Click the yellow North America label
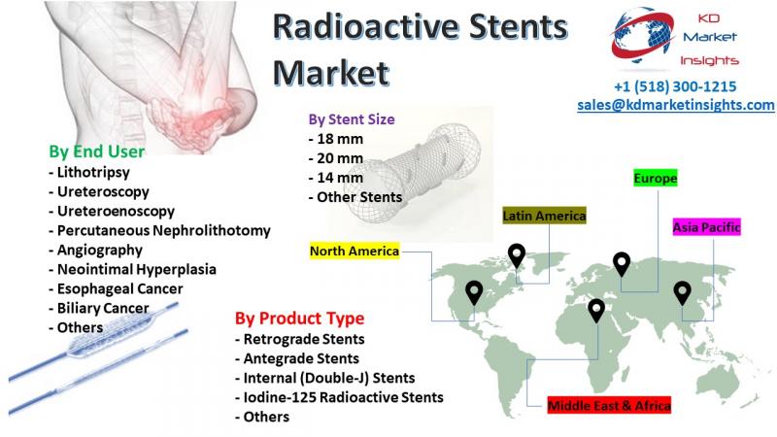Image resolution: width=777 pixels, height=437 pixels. click(x=355, y=252)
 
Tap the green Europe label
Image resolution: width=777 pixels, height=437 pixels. click(x=655, y=179)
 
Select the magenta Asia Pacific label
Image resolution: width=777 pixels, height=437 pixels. click(x=706, y=227)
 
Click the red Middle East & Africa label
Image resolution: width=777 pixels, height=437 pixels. click(x=609, y=405)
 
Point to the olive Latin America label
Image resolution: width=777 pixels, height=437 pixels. click(x=544, y=216)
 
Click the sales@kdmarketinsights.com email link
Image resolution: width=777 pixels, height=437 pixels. click(x=676, y=105)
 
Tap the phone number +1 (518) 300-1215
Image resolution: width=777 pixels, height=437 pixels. click(x=675, y=86)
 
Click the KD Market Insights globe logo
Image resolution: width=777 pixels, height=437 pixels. click(x=643, y=37)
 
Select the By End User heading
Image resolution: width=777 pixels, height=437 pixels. click(x=96, y=151)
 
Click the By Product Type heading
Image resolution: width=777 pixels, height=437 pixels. click(x=299, y=319)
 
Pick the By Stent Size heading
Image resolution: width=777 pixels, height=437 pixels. click(x=352, y=119)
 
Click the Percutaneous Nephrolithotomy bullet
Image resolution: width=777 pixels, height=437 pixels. click(x=159, y=230)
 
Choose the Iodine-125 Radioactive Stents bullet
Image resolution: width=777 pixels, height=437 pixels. click(x=339, y=397)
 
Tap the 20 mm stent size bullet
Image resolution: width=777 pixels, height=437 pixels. click(x=335, y=158)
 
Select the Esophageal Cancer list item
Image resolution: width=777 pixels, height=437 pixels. click(x=116, y=288)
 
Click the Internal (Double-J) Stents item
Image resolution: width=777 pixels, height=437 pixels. click(x=324, y=378)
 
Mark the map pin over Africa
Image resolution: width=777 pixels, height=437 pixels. click(x=596, y=311)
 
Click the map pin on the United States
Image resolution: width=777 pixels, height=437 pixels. click(x=474, y=293)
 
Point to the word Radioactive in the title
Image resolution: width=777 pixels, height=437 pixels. click(x=366, y=27)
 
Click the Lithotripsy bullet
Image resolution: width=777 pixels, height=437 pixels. click(x=89, y=173)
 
